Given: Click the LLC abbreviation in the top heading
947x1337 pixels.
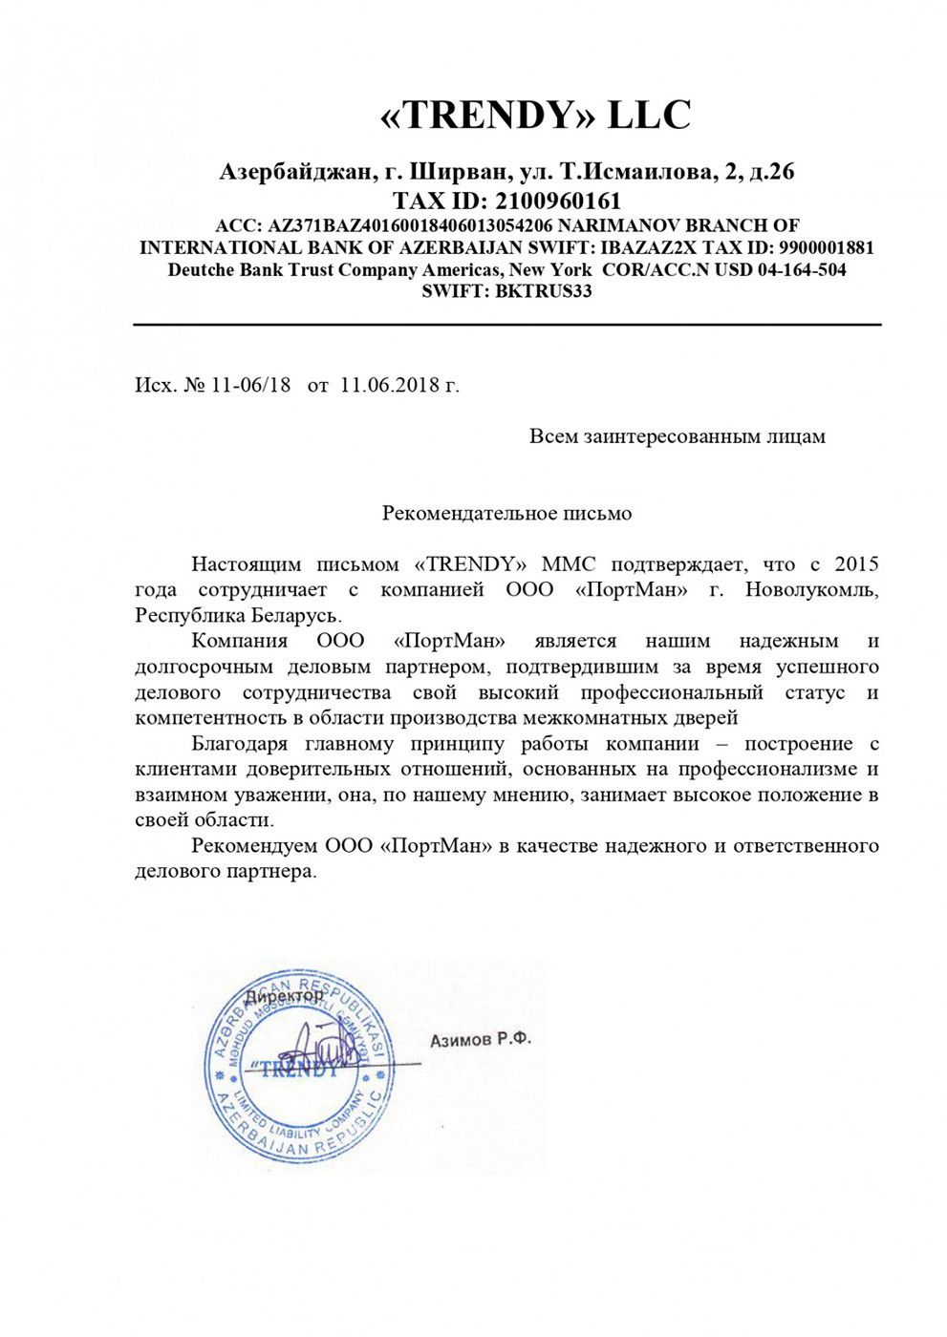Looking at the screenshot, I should (649, 116).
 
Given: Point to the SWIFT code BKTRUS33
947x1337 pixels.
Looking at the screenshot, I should (542, 291).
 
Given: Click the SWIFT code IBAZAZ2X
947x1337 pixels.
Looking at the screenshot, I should (639, 248).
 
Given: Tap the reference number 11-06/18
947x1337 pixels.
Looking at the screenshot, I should (250, 385).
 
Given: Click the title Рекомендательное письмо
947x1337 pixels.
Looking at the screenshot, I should (506, 514).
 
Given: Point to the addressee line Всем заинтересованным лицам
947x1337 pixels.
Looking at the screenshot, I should (677, 436).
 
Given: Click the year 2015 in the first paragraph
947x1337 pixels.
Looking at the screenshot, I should (855, 565).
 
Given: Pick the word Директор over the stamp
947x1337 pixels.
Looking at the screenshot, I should (284, 996).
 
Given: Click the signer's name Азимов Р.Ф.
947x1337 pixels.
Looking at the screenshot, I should (480, 1039).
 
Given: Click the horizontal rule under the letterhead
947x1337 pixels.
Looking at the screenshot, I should (506, 326).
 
